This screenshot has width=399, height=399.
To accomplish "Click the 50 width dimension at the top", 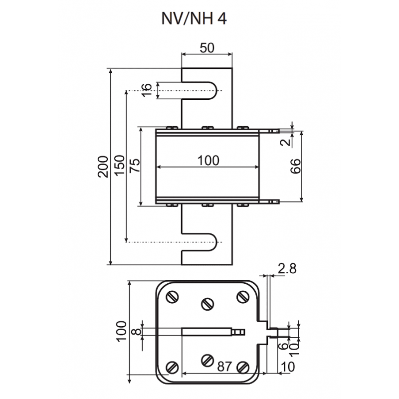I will pyautogui.click(x=206, y=48).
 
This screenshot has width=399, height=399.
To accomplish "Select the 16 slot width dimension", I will pyautogui.click(x=146, y=90).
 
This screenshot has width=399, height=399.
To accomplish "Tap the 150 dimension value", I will pyautogui.click(x=119, y=165).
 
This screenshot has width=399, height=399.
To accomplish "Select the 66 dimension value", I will pyautogui.click(x=295, y=167).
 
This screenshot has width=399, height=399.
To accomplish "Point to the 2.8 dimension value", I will pyautogui.click(x=287, y=269).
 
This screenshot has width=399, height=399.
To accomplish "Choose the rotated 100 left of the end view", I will pyautogui.click(x=121, y=331).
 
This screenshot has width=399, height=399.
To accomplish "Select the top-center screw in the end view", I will pyautogui.click(x=207, y=303).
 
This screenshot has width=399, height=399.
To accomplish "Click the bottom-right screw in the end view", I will pyautogui.click(x=242, y=367).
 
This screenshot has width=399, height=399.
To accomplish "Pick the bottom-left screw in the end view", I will pyautogui.click(x=172, y=367).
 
